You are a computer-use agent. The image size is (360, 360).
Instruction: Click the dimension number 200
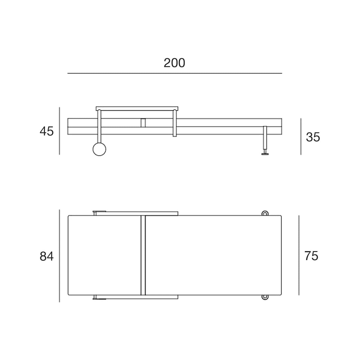click(x=174, y=63)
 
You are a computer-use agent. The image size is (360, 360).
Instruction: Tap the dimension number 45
click(x=46, y=131)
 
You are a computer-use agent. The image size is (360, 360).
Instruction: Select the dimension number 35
click(x=313, y=137)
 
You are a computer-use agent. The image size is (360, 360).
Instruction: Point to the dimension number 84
click(x=46, y=256)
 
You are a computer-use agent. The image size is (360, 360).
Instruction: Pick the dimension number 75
click(x=311, y=256)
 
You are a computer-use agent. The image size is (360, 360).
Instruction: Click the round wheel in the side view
click(x=99, y=149)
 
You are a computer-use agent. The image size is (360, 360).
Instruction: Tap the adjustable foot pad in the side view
click(x=265, y=154)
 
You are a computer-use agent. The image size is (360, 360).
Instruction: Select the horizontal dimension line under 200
click(x=175, y=73)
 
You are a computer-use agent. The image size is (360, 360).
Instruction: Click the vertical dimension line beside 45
click(x=59, y=131)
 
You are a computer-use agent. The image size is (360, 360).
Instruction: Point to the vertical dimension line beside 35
click(x=301, y=136)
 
